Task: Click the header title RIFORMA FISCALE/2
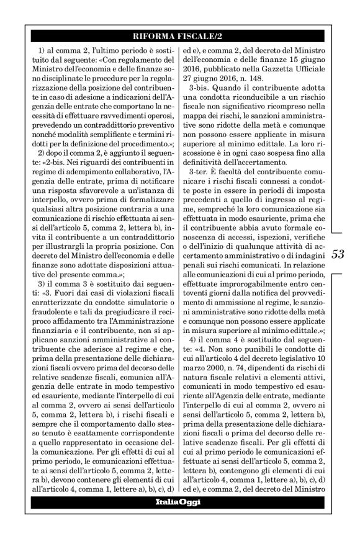click(x=179, y=34)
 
